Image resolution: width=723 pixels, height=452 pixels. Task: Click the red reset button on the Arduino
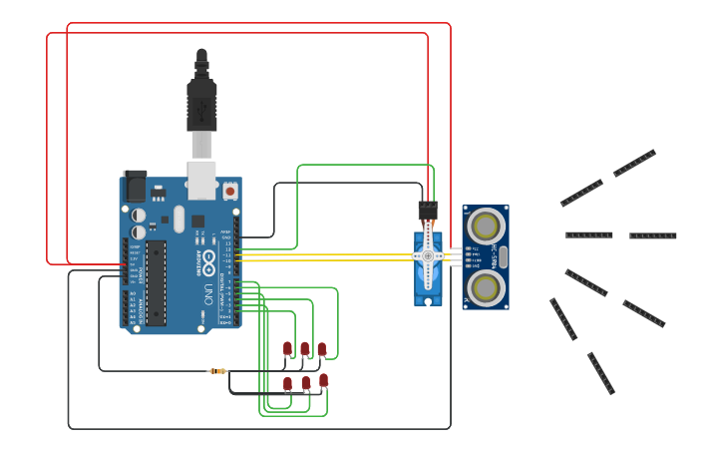click(230, 190)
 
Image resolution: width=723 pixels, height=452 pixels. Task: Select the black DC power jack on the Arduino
click(135, 186)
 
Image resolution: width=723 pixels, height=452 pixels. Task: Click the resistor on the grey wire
click(217, 371)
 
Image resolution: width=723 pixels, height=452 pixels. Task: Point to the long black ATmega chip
click(156, 282)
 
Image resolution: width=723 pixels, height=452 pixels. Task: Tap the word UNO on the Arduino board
click(208, 295)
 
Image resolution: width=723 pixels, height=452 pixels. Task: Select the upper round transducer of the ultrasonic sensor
click(486, 224)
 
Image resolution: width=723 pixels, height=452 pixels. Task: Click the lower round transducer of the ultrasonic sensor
click(486, 287)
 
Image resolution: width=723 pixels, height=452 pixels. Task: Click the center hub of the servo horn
click(428, 256)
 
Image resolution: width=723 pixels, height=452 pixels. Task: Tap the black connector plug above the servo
click(428, 210)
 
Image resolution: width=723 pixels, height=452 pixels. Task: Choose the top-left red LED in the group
click(287, 348)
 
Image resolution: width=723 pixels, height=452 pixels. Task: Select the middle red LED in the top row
click(304, 348)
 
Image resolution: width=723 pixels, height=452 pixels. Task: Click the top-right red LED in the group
click(321, 348)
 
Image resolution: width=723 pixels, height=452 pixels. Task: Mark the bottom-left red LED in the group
click(287, 383)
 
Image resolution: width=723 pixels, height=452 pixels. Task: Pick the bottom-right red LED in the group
click(323, 379)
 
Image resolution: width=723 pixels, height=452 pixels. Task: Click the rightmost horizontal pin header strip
click(652, 235)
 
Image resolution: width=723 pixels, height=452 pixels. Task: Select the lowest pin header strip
click(600, 373)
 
